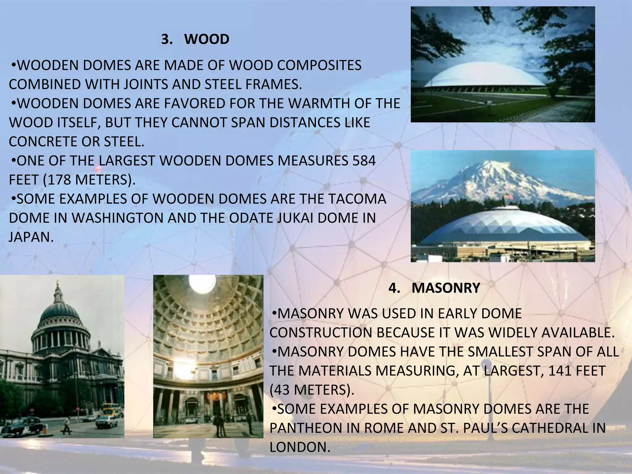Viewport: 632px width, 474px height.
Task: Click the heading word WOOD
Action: [x=207, y=39]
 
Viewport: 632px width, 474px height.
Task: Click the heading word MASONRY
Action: [x=446, y=288]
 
